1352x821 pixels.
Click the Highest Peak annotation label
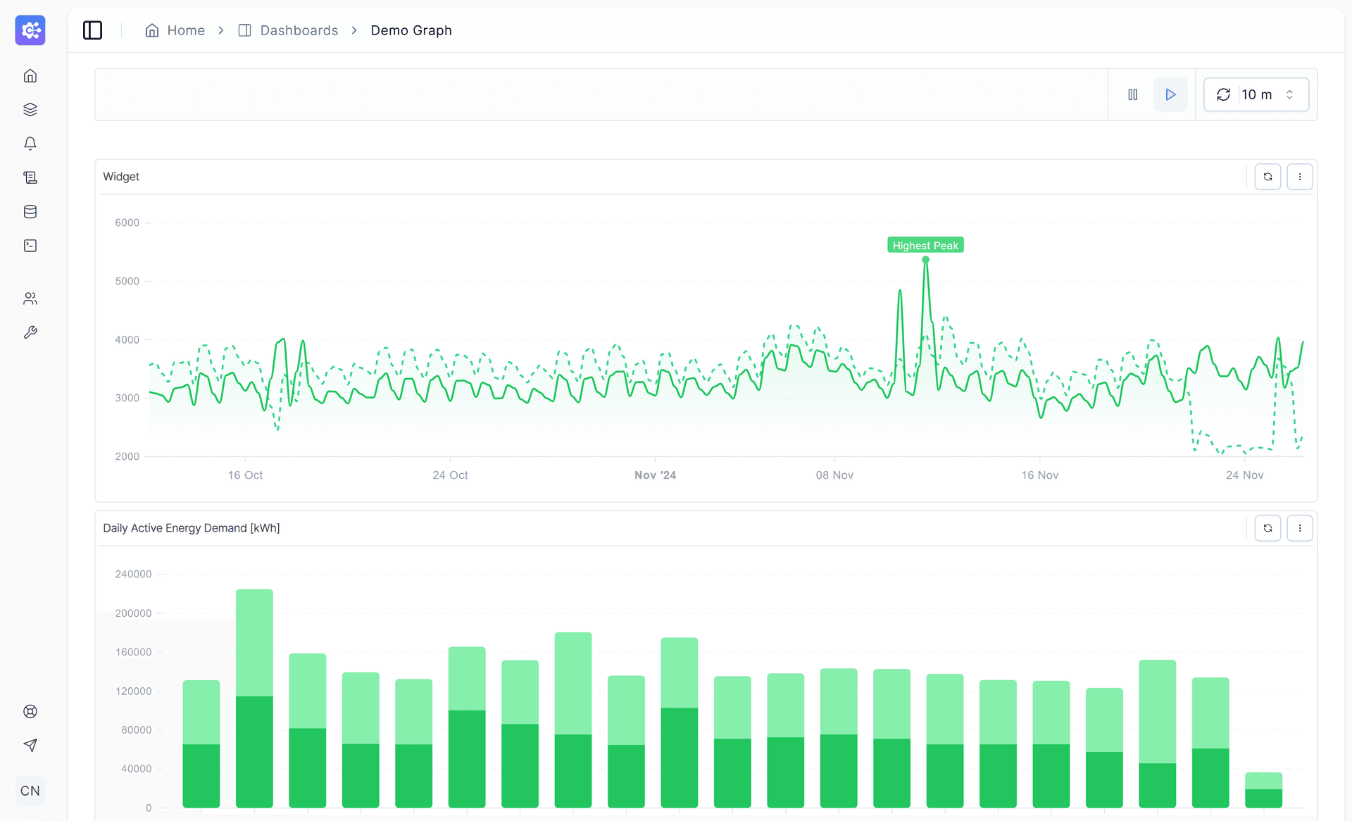pyautogui.click(x=925, y=245)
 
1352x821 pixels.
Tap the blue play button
pyautogui.click(x=1170, y=94)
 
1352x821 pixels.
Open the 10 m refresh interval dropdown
pyautogui.click(x=1256, y=94)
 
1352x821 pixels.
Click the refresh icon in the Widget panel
pyautogui.click(x=1267, y=177)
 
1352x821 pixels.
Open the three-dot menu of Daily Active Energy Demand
pyautogui.click(x=1299, y=528)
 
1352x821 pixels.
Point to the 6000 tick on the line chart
pyautogui.click(x=127, y=223)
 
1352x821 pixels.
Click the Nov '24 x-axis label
pyautogui.click(x=654, y=475)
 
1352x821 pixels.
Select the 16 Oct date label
pyautogui.click(x=245, y=475)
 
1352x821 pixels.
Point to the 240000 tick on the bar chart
pyautogui.click(x=133, y=574)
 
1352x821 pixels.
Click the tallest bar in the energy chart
pyautogui.click(x=254, y=697)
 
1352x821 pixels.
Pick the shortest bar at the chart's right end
pyautogui.click(x=1263, y=790)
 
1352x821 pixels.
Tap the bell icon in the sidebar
pyautogui.click(x=30, y=144)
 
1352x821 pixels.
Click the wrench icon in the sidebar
pyautogui.click(x=30, y=332)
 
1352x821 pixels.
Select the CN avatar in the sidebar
pyautogui.click(x=30, y=791)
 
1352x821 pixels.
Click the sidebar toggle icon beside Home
pyautogui.click(x=92, y=30)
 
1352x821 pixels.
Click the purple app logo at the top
pyautogui.click(x=30, y=30)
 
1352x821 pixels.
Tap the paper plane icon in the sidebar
pyautogui.click(x=30, y=745)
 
